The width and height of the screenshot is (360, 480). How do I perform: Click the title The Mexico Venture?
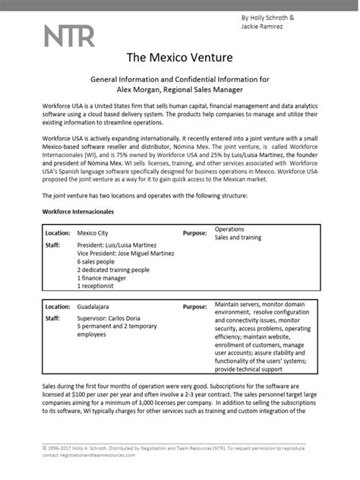click(180, 58)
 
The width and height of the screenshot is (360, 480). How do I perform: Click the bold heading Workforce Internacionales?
click(77, 209)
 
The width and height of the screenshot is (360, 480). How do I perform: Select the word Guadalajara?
click(96, 307)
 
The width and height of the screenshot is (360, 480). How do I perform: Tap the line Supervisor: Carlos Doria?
click(114, 320)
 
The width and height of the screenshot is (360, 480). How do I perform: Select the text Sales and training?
click(238, 238)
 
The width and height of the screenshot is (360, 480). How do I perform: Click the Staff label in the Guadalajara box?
click(52, 320)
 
